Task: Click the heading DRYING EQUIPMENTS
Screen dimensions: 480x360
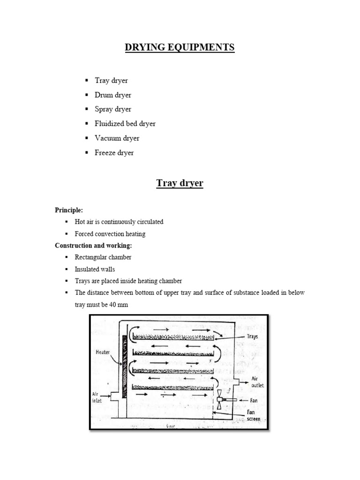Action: (180, 48)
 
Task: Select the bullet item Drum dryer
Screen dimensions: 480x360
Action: (113, 95)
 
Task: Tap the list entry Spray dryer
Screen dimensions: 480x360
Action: (113, 109)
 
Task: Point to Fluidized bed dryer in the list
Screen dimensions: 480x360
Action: (125, 124)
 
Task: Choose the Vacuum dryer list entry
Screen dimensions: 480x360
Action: (117, 138)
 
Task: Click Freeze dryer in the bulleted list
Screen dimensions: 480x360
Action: (114, 153)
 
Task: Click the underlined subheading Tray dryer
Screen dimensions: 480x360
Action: (180, 183)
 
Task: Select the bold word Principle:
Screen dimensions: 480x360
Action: (69, 210)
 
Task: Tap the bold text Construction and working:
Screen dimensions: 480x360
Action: (92, 245)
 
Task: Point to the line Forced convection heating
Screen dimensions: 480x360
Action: (110, 233)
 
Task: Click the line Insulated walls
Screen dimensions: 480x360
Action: (95, 269)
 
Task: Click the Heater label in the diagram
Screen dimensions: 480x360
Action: (102, 351)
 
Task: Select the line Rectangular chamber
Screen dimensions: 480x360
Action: (103, 257)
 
